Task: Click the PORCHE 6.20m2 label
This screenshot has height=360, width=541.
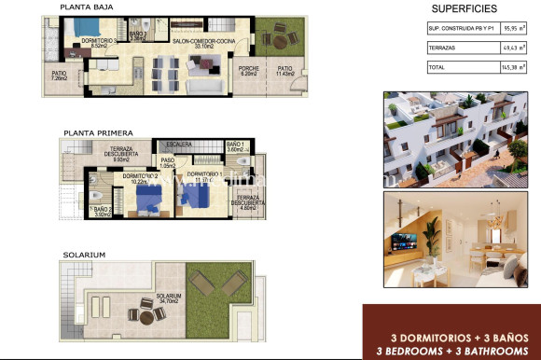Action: coord(249,70)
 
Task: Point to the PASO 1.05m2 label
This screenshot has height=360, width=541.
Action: coord(168,163)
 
